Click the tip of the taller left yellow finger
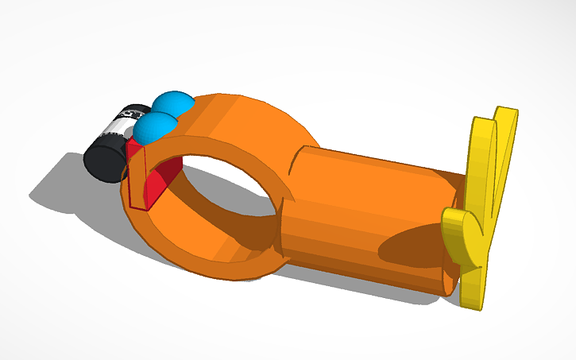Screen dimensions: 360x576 coord(481,127)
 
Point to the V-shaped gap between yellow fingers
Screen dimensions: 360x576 coord(497,167)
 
